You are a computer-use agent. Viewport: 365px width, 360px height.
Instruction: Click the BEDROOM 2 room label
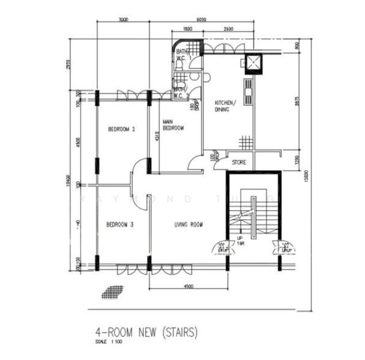point(121,129)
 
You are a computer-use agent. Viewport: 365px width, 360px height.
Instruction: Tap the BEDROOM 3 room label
point(119,225)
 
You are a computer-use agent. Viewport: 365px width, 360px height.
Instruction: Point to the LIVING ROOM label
point(189,225)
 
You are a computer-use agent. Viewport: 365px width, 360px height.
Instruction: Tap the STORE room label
point(239,162)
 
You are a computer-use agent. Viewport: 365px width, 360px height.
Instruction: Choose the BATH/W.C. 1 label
point(182,55)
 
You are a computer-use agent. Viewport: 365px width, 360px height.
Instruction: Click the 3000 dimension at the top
point(123,19)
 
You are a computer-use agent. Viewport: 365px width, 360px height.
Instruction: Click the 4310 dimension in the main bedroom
point(157,137)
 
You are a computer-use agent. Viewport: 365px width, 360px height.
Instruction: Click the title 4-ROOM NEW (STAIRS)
point(146,331)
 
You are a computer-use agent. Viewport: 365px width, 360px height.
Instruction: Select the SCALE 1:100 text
point(109,342)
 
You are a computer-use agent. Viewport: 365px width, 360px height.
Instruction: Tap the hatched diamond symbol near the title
point(112,292)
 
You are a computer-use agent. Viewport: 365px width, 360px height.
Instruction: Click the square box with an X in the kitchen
point(252,63)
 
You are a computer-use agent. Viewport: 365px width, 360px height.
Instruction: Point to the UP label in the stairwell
point(240,238)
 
